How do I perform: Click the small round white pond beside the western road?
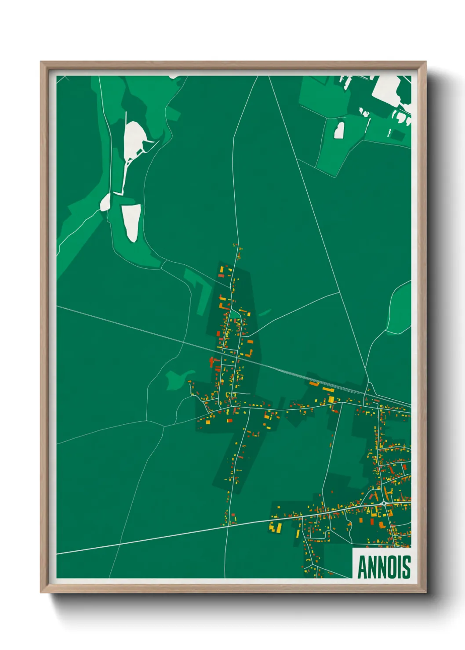pyautogui.click(x=105, y=202)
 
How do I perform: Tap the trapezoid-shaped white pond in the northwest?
pyautogui.click(x=132, y=221)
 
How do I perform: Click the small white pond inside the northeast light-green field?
pyautogui.click(x=339, y=130)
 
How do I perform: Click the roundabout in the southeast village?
pyautogui.click(x=384, y=503)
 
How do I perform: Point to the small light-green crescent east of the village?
pyautogui.click(x=265, y=313)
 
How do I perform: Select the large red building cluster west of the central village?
pyautogui.click(x=214, y=362)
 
